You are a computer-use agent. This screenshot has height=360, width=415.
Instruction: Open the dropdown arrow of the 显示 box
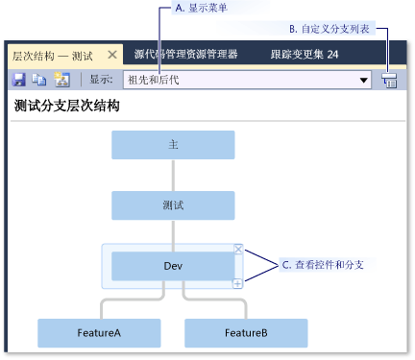[x=364, y=81]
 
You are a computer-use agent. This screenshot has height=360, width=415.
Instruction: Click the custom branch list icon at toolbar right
[x=389, y=82]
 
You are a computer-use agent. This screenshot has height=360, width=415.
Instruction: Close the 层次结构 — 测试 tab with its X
[x=111, y=56]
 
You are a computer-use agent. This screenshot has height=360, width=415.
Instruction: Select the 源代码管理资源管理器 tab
[x=185, y=55]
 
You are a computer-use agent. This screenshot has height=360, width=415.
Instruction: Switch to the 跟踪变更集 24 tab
[x=305, y=55]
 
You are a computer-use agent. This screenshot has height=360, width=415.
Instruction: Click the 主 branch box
[x=173, y=145]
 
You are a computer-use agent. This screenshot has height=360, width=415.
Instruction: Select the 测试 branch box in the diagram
[x=173, y=205]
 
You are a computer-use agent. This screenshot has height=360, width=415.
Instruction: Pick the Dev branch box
[x=173, y=266]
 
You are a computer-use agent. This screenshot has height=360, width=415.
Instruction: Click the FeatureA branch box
[x=99, y=332]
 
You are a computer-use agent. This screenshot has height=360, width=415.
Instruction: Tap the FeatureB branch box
[x=246, y=332]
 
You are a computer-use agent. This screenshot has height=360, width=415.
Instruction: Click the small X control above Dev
[x=238, y=249]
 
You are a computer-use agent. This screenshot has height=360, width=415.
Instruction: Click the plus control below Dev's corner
[x=238, y=283]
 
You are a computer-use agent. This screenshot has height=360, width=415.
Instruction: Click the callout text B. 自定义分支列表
[x=330, y=29]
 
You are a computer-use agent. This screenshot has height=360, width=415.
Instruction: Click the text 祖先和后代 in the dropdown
[x=159, y=81]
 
